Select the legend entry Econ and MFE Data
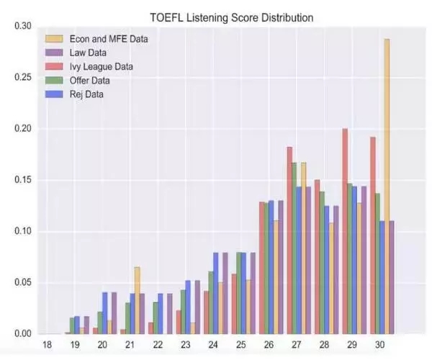coord(108,39)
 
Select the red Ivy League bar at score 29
coord(346,230)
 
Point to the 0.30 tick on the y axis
coord(24,26)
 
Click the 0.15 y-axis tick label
coord(24,180)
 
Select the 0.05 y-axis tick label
coord(24,283)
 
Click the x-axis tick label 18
coord(47,345)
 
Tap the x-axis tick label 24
coord(213,345)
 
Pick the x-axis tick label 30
coord(380,345)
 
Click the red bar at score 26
coord(262,267)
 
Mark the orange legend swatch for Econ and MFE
coord(54,39)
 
